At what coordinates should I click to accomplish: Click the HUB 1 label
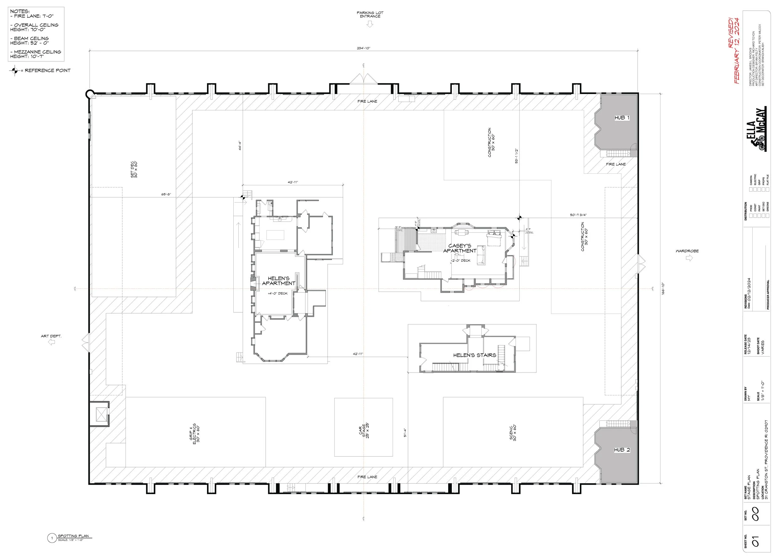pos(622,118)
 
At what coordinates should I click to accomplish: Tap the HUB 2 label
pos(622,450)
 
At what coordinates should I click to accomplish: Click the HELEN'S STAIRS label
pos(474,355)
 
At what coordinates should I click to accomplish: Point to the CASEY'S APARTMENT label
pos(459,248)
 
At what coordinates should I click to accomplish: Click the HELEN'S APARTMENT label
pos(278,281)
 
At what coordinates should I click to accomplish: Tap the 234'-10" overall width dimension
pos(363,48)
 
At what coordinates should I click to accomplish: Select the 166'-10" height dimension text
pos(663,288)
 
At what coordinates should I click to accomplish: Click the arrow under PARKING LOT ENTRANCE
pos(370,24)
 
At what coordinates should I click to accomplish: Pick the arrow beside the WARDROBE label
pos(689,258)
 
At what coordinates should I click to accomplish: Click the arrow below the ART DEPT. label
pos(51,342)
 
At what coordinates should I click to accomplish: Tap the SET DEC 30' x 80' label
pos(134,169)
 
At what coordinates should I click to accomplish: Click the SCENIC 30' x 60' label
pos(513,432)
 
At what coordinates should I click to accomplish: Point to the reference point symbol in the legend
pos(14,71)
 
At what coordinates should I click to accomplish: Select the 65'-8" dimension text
pos(166,194)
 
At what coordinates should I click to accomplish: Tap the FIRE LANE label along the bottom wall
pos(367,477)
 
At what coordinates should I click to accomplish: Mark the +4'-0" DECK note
pos(277,293)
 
